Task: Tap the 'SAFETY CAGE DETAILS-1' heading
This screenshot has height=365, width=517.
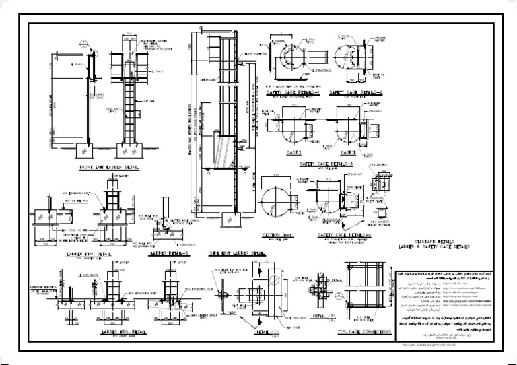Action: (291, 92)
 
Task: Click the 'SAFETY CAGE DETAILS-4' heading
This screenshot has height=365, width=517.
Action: (343, 235)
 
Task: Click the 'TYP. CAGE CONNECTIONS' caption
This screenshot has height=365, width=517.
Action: (364, 332)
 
